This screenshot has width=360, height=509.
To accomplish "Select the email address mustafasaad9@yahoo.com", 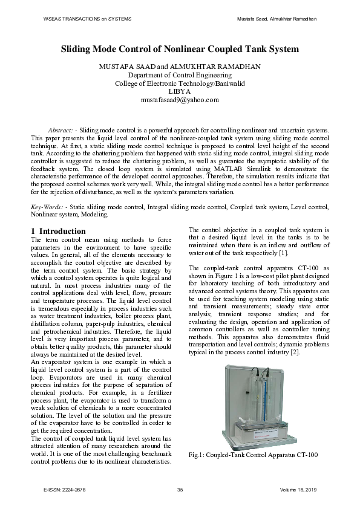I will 180,100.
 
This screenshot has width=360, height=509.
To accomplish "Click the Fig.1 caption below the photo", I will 253,455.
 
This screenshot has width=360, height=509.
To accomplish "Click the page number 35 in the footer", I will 180,489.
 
